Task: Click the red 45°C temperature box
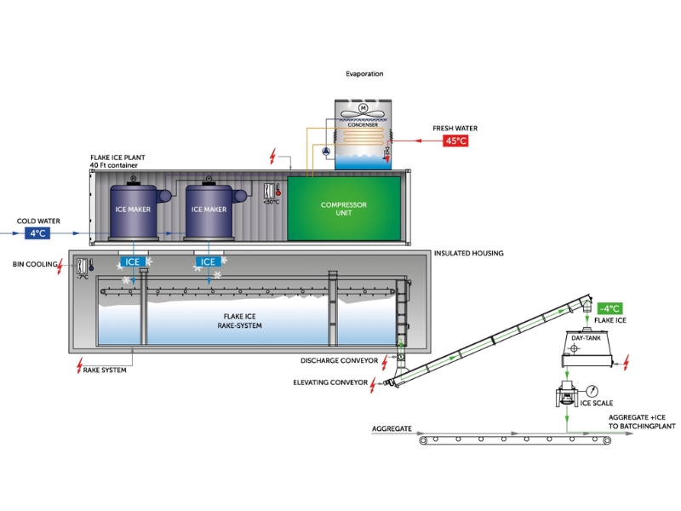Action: click(x=455, y=141)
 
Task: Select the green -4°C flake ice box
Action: click(x=609, y=308)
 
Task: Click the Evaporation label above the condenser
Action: click(x=364, y=74)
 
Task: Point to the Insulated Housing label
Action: click(x=469, y=253)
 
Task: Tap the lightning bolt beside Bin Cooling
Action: click(x=60, y=266)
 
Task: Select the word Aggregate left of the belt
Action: click(x=392, y=428)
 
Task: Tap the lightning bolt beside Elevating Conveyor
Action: click(x=374, y=383)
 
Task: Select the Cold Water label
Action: click(x=37, y=221)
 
